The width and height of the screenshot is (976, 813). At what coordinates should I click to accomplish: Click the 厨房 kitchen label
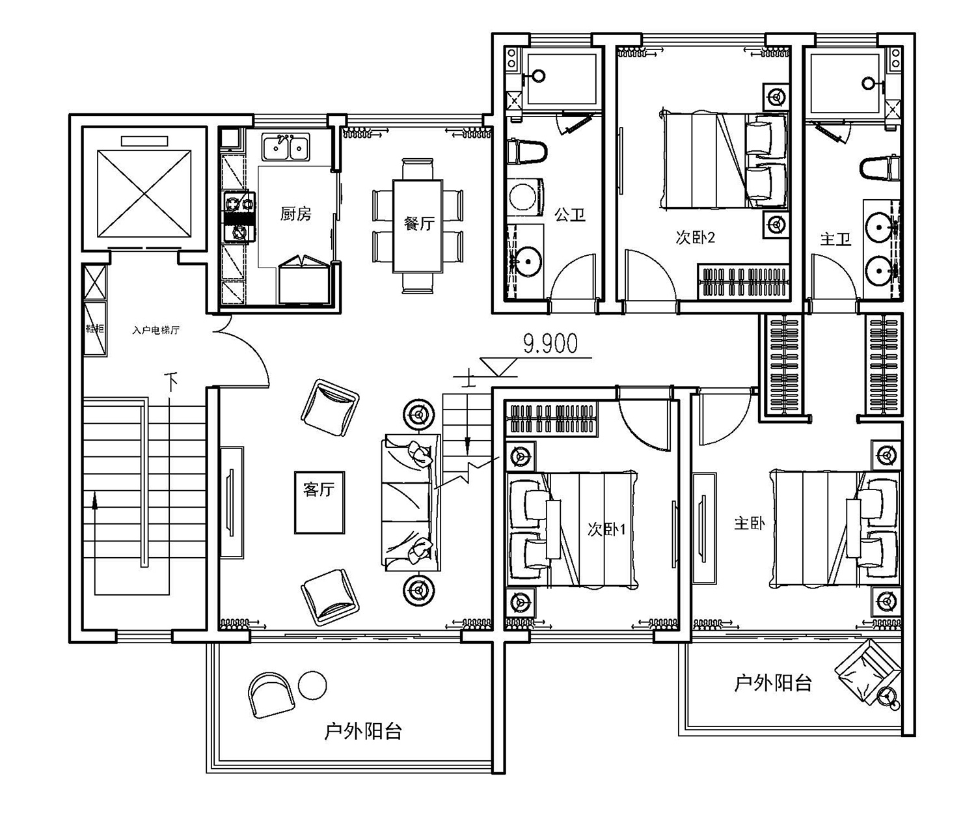coord(295,214)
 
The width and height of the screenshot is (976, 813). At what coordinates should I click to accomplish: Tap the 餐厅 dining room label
coord(419,223)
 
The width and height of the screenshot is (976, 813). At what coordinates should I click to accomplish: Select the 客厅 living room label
coord(319,489)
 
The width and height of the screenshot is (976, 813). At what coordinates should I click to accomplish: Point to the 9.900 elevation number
coord(550,343)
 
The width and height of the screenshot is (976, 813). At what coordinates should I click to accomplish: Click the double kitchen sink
coord(286,147)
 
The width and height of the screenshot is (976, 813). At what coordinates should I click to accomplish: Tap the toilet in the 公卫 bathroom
coord(527,151)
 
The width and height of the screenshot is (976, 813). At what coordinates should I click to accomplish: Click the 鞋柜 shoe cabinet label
coord(95,328)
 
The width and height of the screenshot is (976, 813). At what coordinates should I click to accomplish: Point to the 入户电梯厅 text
coord(156,330)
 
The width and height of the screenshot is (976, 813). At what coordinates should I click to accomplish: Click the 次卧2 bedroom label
coord(695,238)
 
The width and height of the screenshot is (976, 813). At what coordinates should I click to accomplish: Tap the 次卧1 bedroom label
coord(606,530)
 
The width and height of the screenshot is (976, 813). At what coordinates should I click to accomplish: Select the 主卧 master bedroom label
coord(750,523)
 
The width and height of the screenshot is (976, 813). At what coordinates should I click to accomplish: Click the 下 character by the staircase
coord(172,381)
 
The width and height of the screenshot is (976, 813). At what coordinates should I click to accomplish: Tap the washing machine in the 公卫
coord(525,197)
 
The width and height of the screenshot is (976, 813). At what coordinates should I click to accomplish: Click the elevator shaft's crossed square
coord(144,193)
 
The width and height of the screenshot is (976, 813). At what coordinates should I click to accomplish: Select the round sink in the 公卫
coord(528,260)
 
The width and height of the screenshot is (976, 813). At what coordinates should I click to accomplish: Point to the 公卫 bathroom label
coord(570,215)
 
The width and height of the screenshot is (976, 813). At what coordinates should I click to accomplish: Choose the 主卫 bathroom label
coord(835,240)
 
